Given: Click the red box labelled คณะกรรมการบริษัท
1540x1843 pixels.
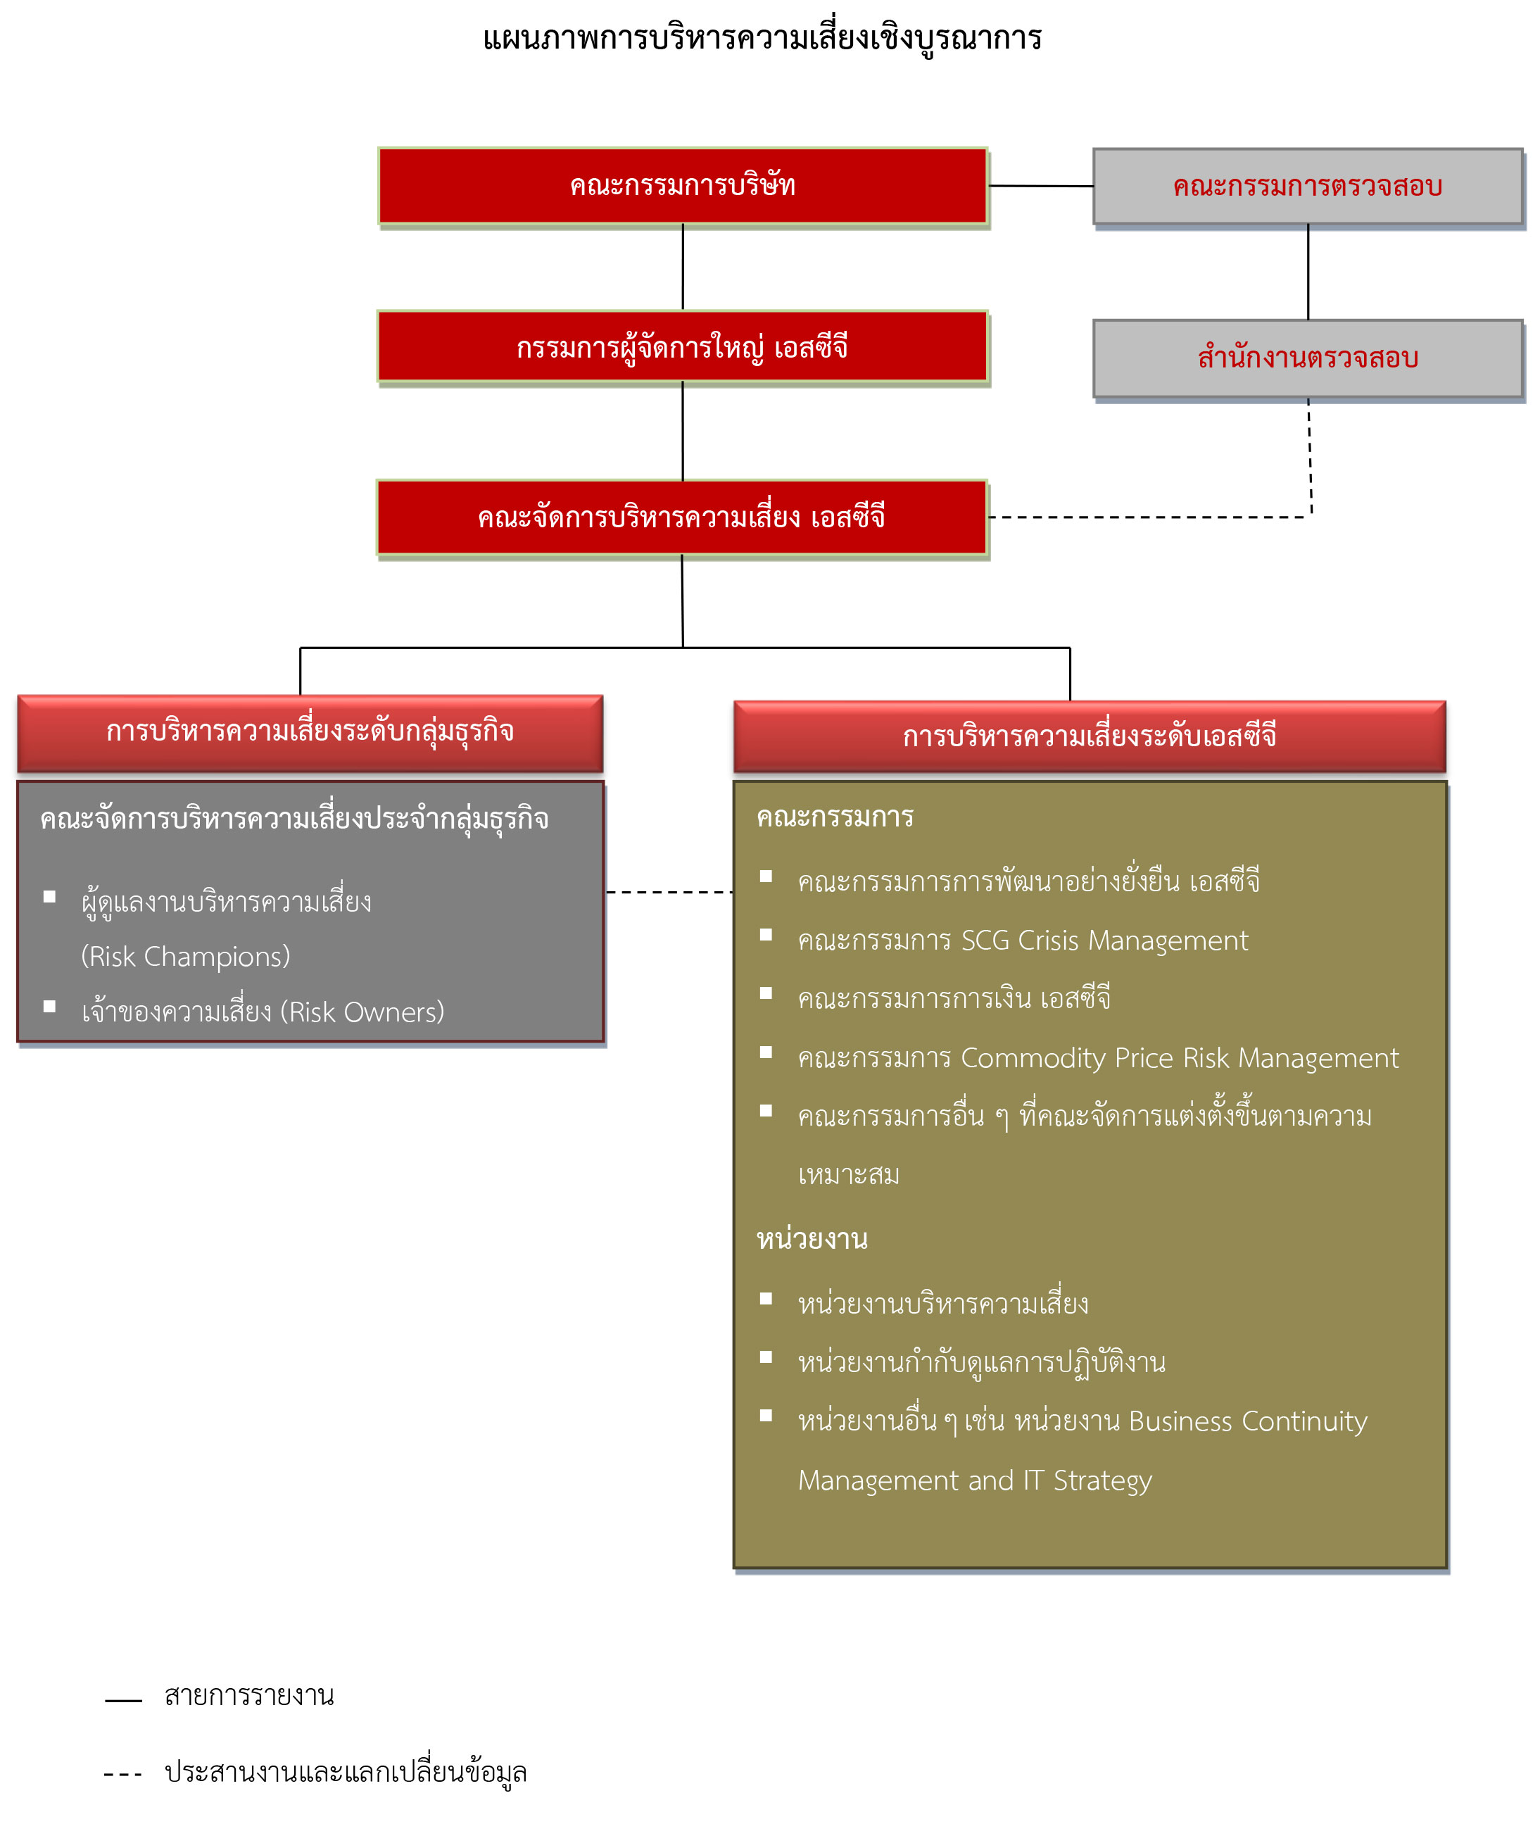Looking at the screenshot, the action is pyautogui.click(x=683, y=186).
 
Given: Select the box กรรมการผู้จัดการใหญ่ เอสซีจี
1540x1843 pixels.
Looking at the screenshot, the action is pyautogui.click(x=683, y=346).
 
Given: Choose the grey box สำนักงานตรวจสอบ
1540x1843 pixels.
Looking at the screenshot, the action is pyautogui.click(x=1308, y=358).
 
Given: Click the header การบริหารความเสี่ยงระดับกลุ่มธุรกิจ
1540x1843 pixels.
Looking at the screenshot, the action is pyautogui.click(x=310, y=733).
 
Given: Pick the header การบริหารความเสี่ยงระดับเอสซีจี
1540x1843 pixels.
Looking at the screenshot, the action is pyautogui.click(x=1090, y=736).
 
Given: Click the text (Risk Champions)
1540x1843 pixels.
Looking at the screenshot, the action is pyautogui.click(x=185, y=957).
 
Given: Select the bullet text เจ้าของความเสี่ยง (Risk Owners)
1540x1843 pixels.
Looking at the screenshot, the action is pyautogui.click(x=263, y=1012).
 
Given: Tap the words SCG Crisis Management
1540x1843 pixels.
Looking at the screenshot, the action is pyautogui.click(x=1105, y=940).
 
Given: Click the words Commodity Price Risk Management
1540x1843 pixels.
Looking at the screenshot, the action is pyautogui.click(x=1180, y=1057).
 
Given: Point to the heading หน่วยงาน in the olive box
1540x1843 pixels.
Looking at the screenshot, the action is pyautogui.click(x=812, y=1239).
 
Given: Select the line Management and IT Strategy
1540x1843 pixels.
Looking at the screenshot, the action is pyautogui.click(x=975, y=1480).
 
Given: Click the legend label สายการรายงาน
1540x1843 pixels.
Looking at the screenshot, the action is pyautogui.click(x=249, y=1696).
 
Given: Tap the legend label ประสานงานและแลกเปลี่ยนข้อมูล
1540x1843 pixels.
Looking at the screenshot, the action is pyautogui.click(x=346, y=1773).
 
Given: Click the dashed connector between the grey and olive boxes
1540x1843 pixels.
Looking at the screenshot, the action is pyautogui.click(x=669, y=893).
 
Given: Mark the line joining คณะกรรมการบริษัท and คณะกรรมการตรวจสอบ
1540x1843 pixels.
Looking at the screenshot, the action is pyautogui.click(x=1041, y=186).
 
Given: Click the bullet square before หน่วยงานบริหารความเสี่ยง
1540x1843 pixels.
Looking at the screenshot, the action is pyautogui.click(x=766, y=1299).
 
